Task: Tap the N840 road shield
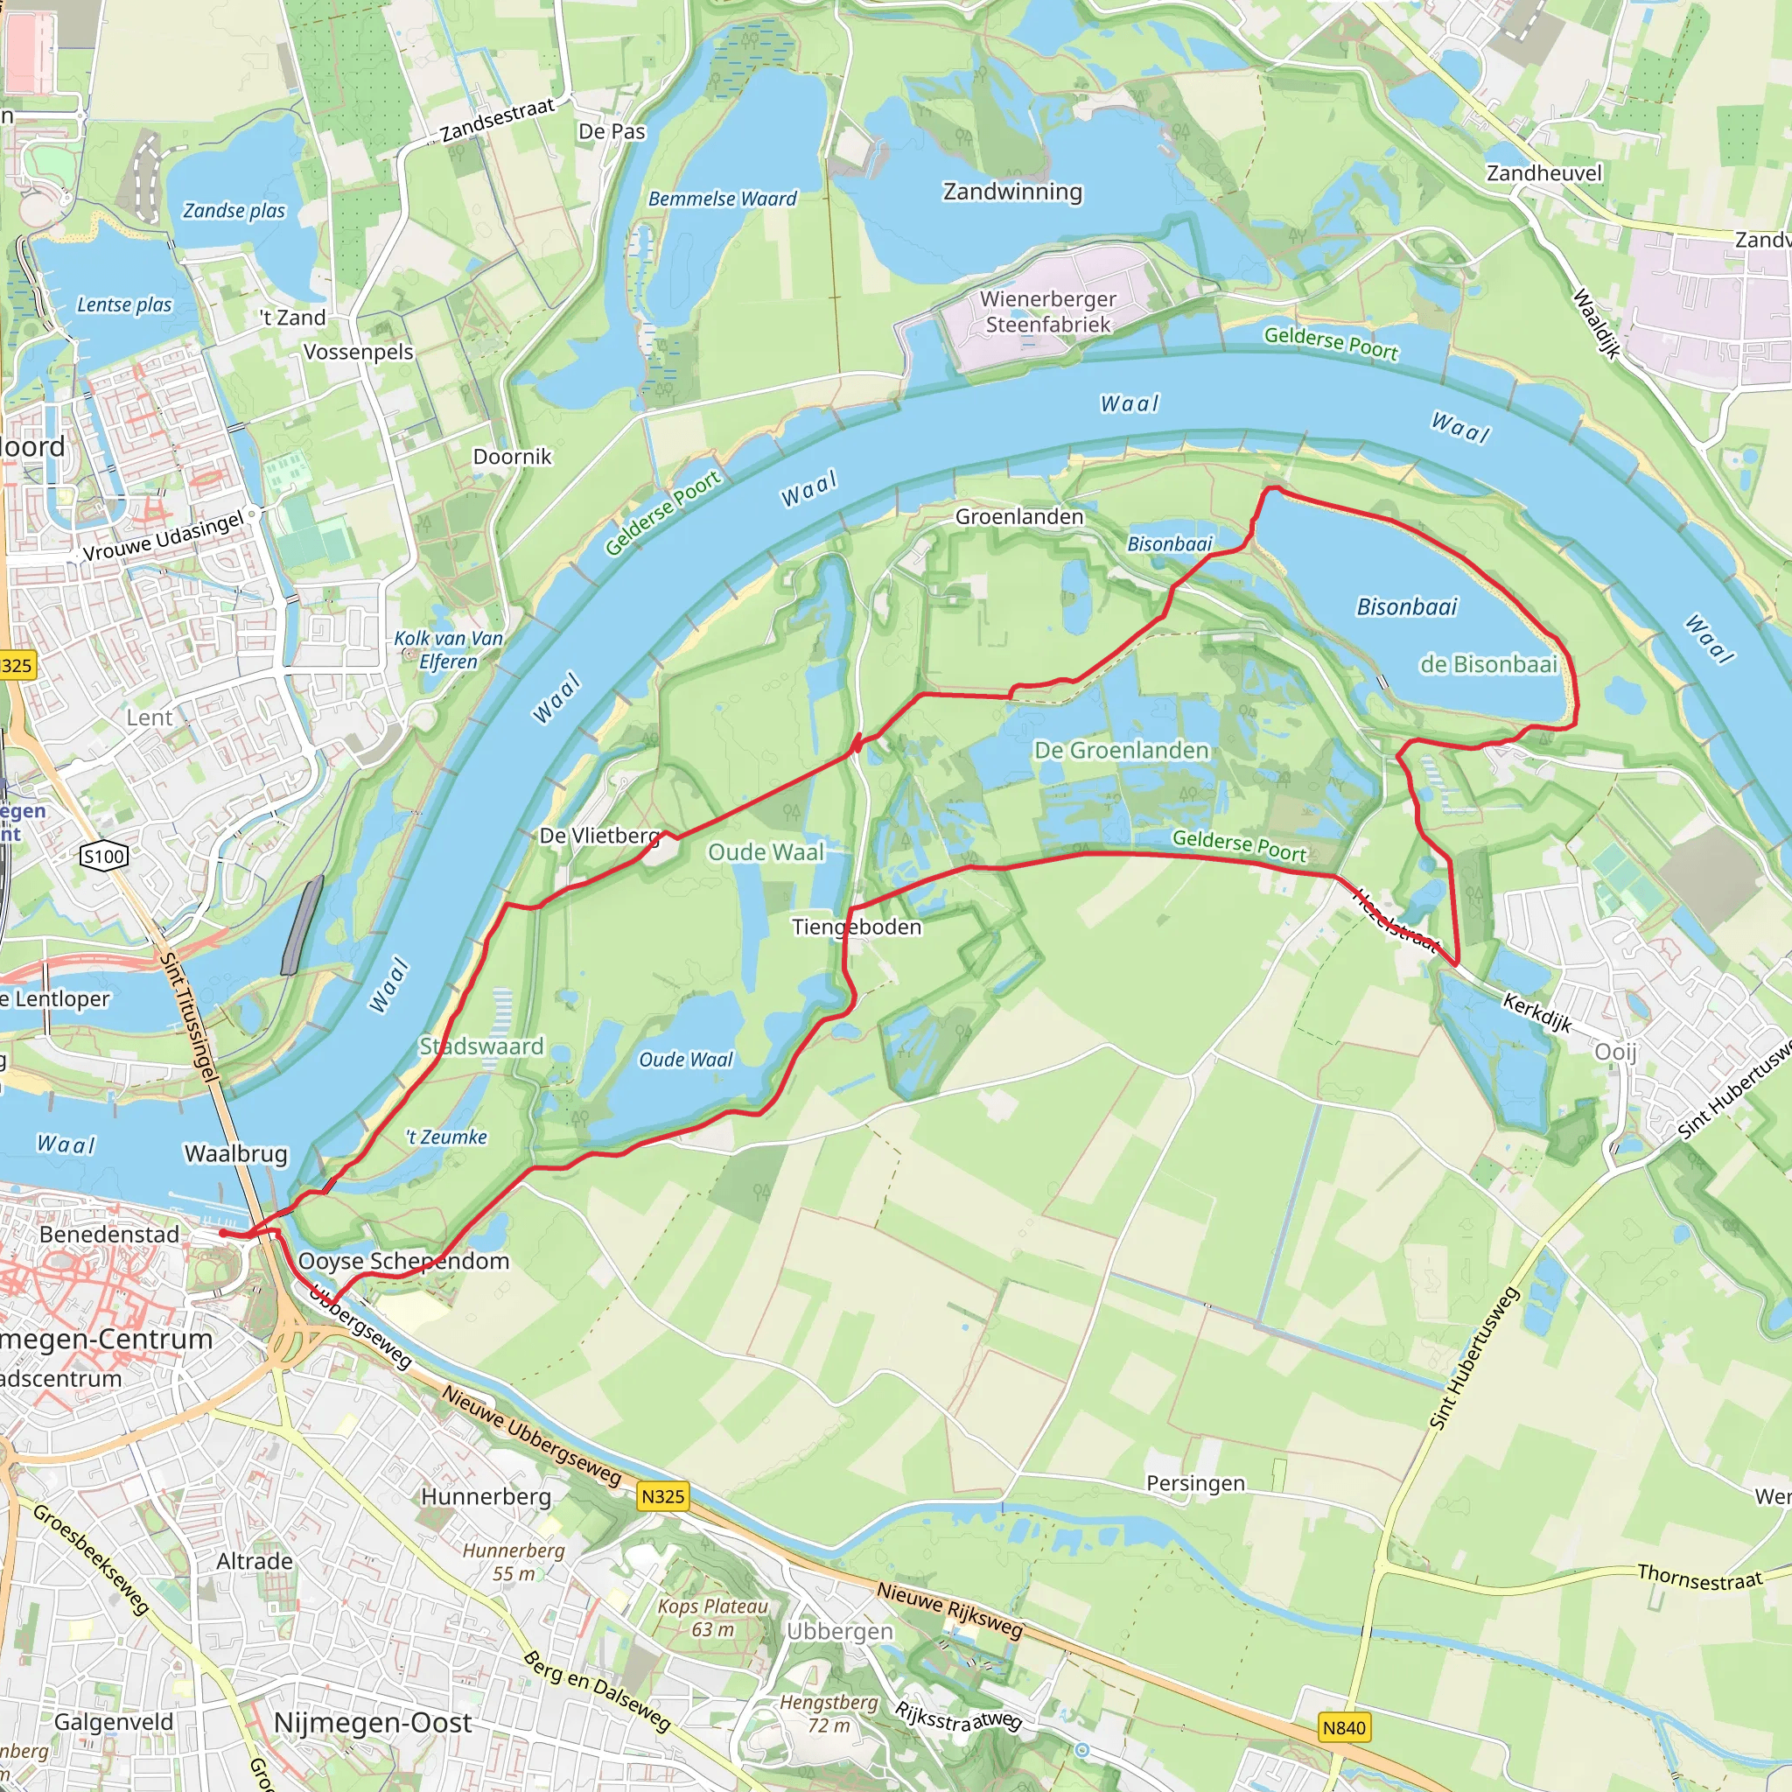point(1344,1727)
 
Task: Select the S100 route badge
point(104,856)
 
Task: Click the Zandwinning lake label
point(1012,192)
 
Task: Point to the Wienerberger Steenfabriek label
point(1048,311)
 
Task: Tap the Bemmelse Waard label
point(722,199)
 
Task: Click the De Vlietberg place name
point(599,836)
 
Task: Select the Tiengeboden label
point(856,927)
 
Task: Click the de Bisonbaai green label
point(1487,664)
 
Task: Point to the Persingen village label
point(1195,1483)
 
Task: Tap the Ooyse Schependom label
point(403,1262)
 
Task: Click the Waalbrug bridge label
point(235,1154)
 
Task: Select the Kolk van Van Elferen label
point(448,649)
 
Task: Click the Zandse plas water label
point(234,211)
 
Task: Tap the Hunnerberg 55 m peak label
point(513,1562)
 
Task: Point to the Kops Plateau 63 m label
point(712,1618)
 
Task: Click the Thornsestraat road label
point(1698,1577)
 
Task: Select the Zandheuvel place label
point(1543,173)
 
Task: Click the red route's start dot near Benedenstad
point(223,1234)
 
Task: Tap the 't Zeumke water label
point(446,1137)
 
